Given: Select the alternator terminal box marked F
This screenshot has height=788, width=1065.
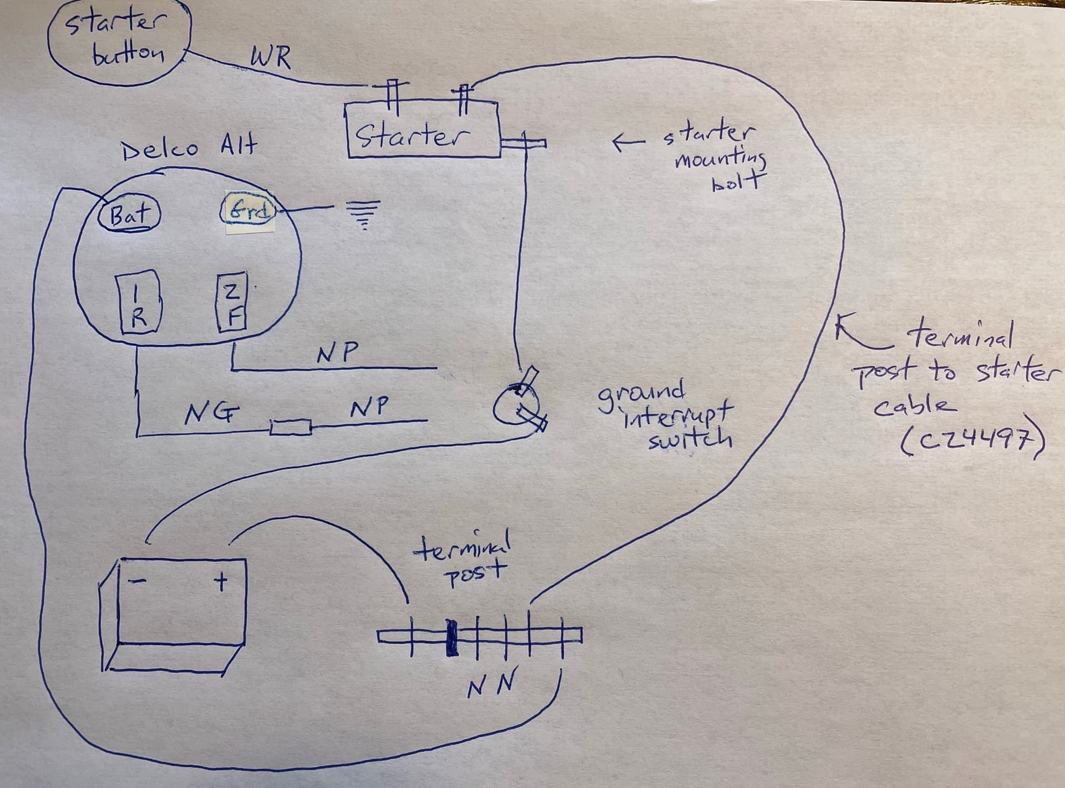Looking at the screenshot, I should point(232,304).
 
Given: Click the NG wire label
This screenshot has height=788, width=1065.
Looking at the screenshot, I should point(211,413).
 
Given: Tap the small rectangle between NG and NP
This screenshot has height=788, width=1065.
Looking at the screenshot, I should point(291,428).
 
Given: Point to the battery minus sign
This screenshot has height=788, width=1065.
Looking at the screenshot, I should point(137,582).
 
